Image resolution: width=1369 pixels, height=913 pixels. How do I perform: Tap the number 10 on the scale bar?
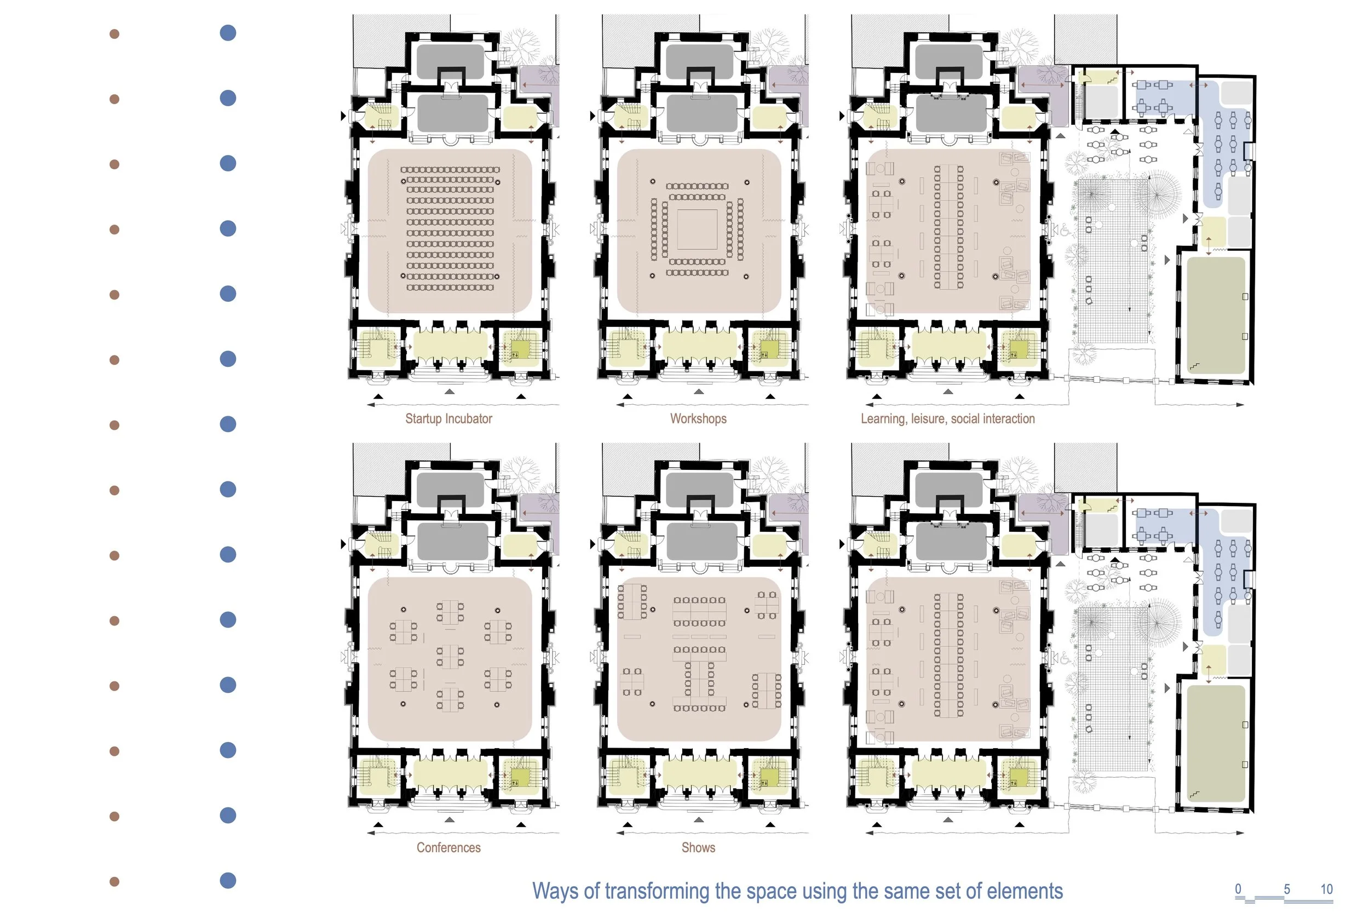click(x=1326, y=889)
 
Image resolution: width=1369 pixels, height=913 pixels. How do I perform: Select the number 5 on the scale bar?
click(x=1287, y=889)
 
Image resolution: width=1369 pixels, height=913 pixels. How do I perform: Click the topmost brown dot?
click(x=114, y=34)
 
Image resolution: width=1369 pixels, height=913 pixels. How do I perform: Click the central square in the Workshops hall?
click(x=697, y=229)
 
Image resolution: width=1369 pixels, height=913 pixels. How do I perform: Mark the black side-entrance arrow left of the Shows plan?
click(x=593, y=544)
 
